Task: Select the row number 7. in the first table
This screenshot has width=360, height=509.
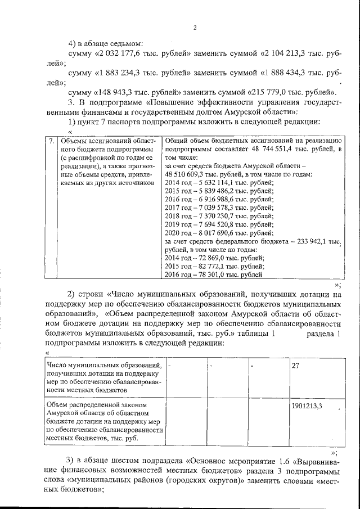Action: tap(51, 141)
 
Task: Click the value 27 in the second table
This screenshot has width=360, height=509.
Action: tap(296, 366)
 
